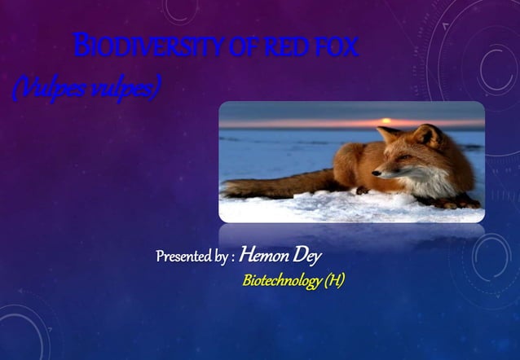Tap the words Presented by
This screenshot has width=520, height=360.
click(192, 257)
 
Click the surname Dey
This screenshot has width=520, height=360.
click(307, 257)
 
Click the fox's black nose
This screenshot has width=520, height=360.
click(376, 172)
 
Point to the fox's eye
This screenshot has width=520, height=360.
click(399, 159)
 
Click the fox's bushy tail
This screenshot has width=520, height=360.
click(269, 186)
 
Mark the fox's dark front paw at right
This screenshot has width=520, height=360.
click(469, 204)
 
